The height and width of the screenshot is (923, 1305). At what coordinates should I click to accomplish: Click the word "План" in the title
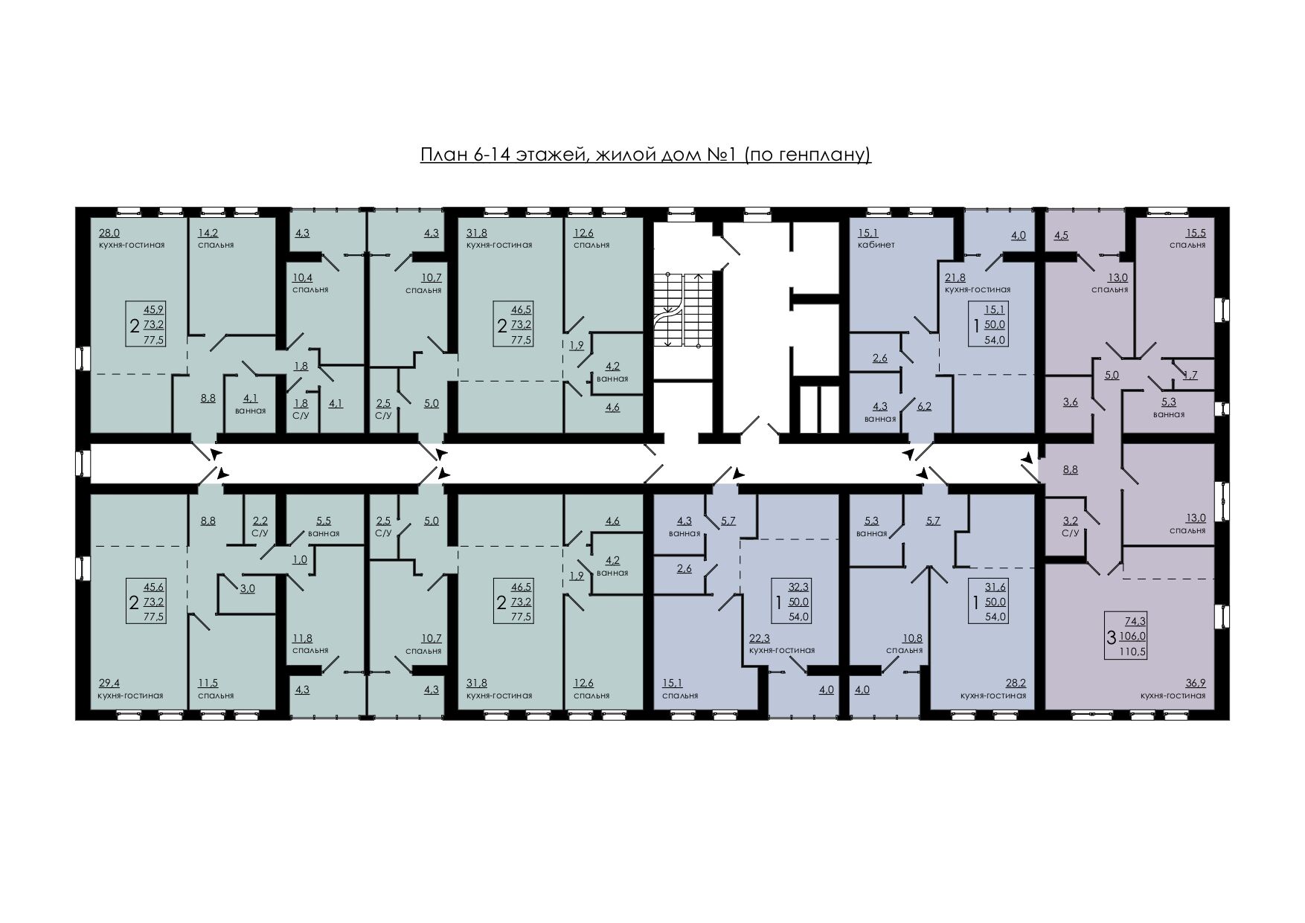tap(443, 155)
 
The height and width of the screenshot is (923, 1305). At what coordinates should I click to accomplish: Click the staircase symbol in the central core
tap(682, 309)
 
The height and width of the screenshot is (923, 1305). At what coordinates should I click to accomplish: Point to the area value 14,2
tap(207, 233)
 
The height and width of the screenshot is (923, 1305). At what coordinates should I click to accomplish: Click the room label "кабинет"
tap(876, 245)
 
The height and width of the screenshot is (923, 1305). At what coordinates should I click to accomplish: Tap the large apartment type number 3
tap(1112, 637)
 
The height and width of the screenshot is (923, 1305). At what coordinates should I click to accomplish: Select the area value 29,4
tap(109, 684)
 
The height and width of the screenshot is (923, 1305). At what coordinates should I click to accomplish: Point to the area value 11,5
tap(207, 684)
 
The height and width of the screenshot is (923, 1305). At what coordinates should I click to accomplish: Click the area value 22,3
tap(760, 638)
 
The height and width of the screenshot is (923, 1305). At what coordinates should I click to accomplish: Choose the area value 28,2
tap(1016, 684)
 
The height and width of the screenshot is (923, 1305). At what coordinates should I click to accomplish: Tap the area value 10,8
tap(912, 638)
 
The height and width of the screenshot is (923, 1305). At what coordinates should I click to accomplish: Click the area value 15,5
tap(1196, 233)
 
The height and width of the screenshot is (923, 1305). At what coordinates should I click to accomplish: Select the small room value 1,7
tap(1190, 376)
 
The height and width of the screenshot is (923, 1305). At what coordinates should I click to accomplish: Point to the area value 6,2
tap(924, 407)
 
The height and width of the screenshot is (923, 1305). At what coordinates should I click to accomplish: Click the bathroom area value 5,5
tap(324, 521)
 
